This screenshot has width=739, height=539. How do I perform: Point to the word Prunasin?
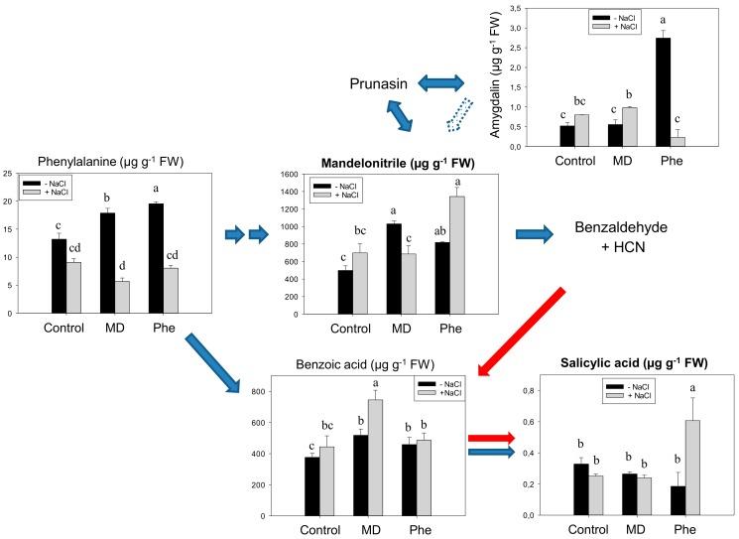point(378,84)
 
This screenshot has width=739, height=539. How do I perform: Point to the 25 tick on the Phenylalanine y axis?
point(9,174)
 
